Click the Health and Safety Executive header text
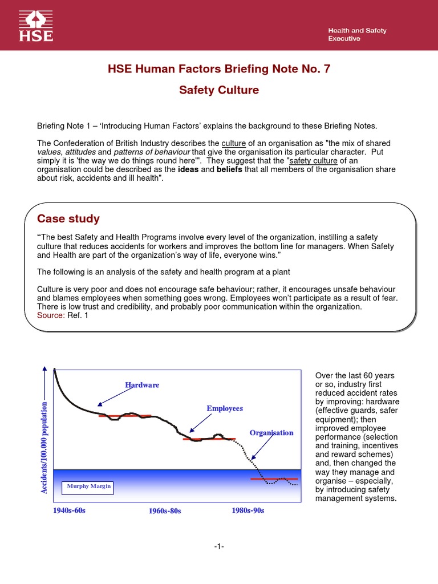356,35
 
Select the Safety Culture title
219,90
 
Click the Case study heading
68,219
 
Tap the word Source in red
50,315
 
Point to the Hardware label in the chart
142,386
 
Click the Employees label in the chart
224,408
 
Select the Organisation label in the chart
271,433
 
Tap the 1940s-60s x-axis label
69,510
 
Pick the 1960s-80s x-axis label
164,511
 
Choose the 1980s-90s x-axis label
248,510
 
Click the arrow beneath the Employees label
200,423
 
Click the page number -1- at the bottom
219,547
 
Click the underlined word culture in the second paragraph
233,143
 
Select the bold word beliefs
233,170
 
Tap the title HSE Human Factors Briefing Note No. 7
219,69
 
